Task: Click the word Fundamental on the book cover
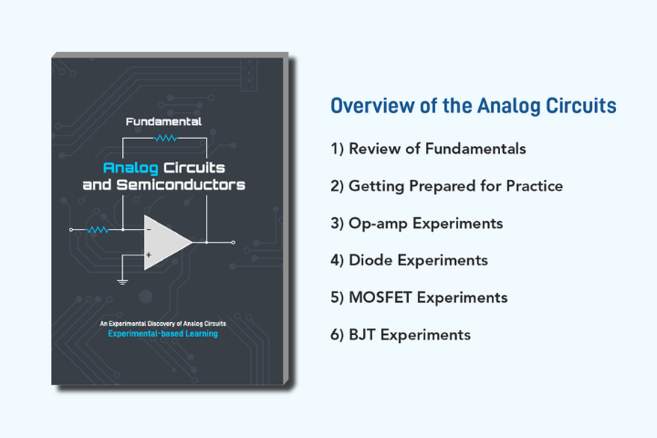163,121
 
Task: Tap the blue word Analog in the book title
130,168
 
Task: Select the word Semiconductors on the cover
181,184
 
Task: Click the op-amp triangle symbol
168,242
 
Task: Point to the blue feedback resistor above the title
166,138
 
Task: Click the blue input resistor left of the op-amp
98,230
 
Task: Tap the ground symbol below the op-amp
122,281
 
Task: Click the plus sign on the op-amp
149,255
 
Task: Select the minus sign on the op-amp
149,230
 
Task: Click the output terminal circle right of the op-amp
234,242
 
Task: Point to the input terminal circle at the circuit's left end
71,230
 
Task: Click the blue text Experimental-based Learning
163,334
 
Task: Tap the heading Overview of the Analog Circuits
474,106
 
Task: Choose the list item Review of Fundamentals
428,149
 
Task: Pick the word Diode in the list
370,260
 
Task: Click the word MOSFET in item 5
381,297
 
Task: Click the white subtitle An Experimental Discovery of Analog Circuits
163,324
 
